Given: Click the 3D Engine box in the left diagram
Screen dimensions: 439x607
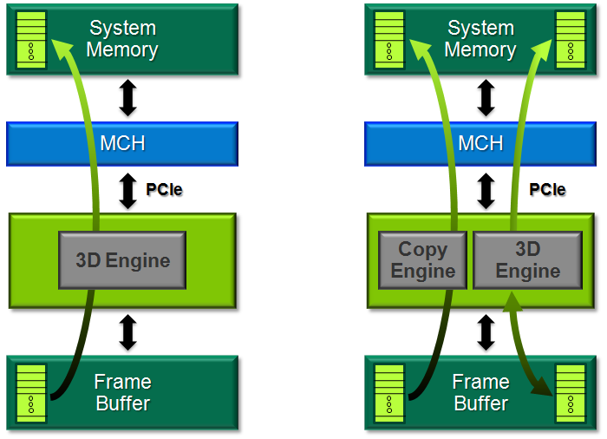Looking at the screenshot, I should click(122, 260).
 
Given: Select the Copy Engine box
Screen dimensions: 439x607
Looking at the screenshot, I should click(422, 260).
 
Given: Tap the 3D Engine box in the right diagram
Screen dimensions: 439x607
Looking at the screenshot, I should click(527, 260).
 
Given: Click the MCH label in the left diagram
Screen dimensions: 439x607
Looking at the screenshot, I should click(122, 143).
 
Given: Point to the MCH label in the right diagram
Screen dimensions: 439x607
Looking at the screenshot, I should click(480, 143).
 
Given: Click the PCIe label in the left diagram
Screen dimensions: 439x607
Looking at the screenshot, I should click(165, 189).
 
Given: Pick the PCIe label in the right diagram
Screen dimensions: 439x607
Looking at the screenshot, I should click(547, 188).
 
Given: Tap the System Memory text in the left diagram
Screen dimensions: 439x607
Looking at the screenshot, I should click(122, 39).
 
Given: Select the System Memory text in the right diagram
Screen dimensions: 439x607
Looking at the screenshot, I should click(480, 39).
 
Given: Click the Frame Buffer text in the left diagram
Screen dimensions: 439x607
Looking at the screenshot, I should click(122, 392).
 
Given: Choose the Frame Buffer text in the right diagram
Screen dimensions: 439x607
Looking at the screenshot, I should click(480, 392).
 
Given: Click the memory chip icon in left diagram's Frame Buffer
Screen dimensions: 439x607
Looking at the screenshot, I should click(31, 392).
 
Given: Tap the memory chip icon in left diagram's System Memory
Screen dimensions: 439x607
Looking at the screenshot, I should click(31, 39).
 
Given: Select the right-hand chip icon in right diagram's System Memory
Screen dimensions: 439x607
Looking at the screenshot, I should click(570, 39).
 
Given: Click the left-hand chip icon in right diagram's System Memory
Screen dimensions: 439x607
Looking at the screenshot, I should click(389, 39).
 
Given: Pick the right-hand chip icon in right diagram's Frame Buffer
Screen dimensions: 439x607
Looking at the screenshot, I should click(570, 392).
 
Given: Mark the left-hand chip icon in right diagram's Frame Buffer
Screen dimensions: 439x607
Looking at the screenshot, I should click(389, 392).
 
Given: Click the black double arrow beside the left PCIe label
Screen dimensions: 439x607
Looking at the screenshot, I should click(128, 190).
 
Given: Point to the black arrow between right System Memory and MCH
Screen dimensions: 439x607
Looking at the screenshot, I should click(486, 98).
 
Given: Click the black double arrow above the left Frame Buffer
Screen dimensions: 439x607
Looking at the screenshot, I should click(128, 332).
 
